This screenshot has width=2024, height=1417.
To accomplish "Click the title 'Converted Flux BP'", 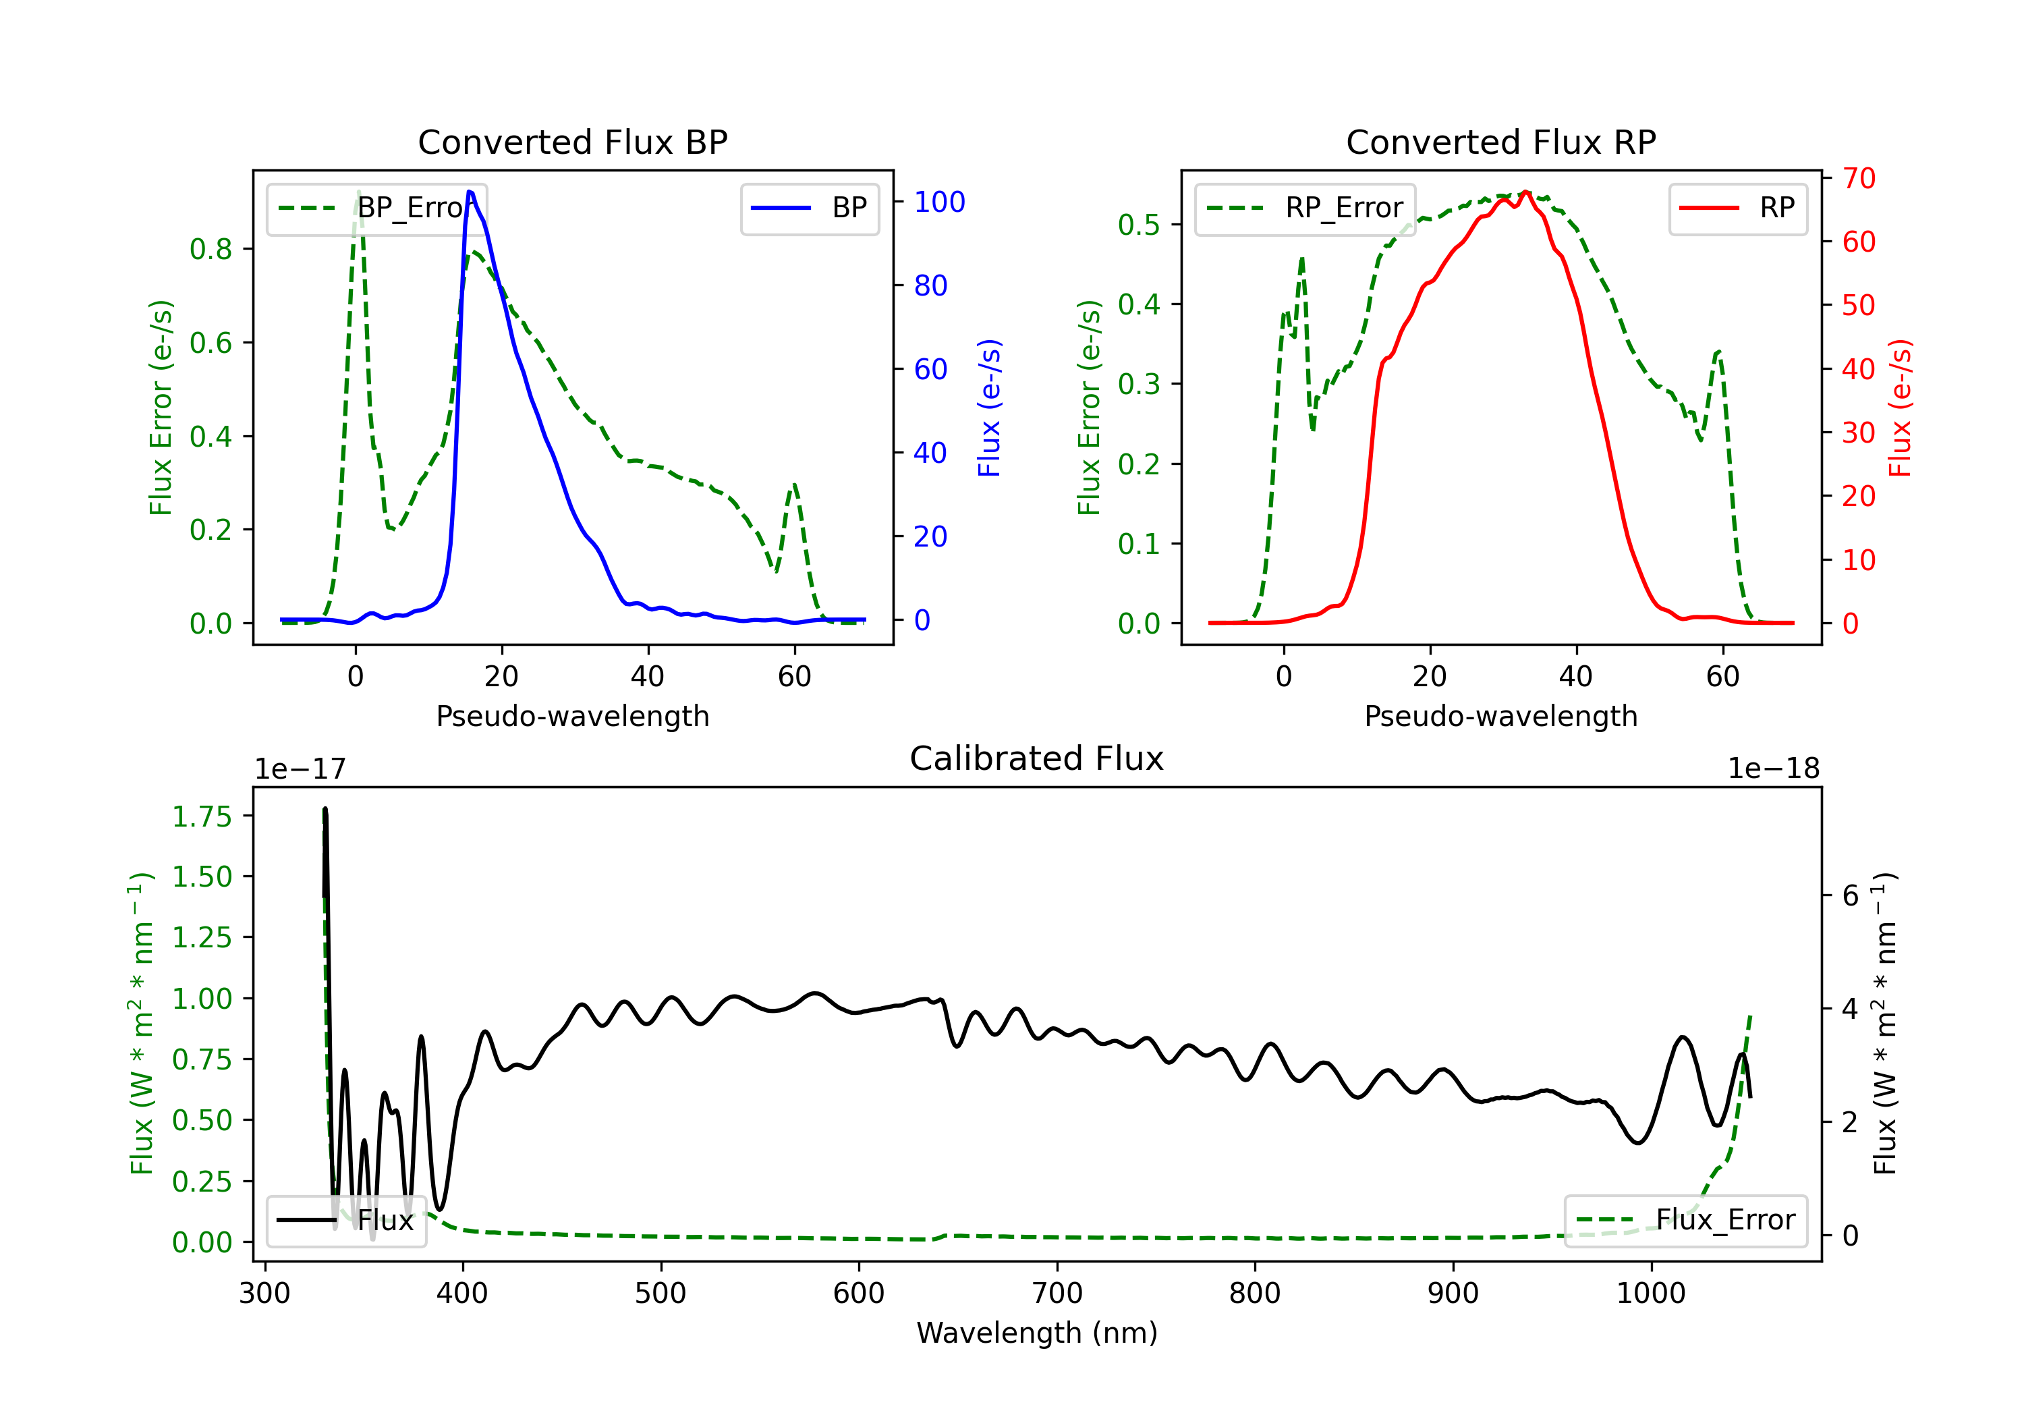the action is click(573, 142).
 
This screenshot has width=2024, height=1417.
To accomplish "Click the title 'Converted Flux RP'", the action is click(1501, 142).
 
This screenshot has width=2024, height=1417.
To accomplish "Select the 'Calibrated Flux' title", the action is click(1037, 758).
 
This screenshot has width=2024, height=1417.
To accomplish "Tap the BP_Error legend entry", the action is click(376, 208).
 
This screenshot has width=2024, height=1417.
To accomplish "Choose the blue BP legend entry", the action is click(809, 208).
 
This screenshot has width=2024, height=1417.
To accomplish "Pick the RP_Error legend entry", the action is click(1305, 208).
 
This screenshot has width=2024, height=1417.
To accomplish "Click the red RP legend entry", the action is click(1737, 208).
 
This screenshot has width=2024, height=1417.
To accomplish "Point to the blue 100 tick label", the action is click(940, 202).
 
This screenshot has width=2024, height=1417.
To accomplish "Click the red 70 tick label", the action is click(1859, 178).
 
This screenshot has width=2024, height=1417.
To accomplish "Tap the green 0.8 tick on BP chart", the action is click(210, 250).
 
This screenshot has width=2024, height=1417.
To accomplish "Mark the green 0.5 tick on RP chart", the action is click(1139, 225).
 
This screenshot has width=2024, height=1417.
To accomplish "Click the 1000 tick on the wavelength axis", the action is click(1651, 1294).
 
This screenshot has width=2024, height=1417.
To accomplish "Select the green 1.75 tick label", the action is click(202, 816).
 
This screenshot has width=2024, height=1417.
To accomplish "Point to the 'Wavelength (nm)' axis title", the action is click(1037, 1333).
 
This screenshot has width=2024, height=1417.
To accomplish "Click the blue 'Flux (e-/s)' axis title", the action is click(990, 408).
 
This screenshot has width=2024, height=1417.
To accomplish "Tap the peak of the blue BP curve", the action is click(470, 192).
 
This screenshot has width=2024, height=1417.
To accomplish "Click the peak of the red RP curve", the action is click(1526, 192).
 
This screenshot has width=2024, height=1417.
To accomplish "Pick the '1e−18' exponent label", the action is click(1774, 769).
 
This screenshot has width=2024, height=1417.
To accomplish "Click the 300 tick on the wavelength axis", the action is click(265, 1294).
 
